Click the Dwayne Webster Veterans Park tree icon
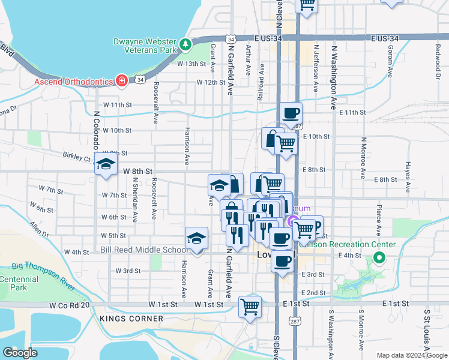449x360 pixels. [x=186, y=44]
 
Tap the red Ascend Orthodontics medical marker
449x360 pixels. [x=122, y=80]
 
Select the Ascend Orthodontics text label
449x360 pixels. [x=74, y=81]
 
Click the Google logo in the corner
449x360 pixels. [x=20, y=353]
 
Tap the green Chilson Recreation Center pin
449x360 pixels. [x=379, y=259]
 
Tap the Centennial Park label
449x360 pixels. [x=18, y=284]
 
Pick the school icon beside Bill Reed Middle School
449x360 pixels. [x=196, y=239]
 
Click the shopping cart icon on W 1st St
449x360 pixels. [x=250, y=307]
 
